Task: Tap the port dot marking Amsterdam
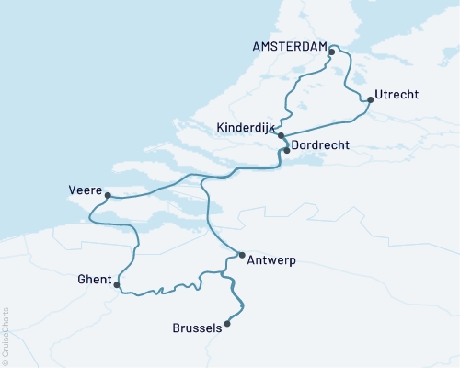(331, 52)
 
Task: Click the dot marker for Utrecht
(370, 99)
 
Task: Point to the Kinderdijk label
(246, 128)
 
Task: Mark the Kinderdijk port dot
(281, 135)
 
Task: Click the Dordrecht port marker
(287, 150)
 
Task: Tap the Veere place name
(86, 190)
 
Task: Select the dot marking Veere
(108, 195)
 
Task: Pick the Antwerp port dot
(241, 255)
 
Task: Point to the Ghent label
(95, 279)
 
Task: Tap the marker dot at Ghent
(116, 285)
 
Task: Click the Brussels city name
(197, 328)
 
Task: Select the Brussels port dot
(227, 323)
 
